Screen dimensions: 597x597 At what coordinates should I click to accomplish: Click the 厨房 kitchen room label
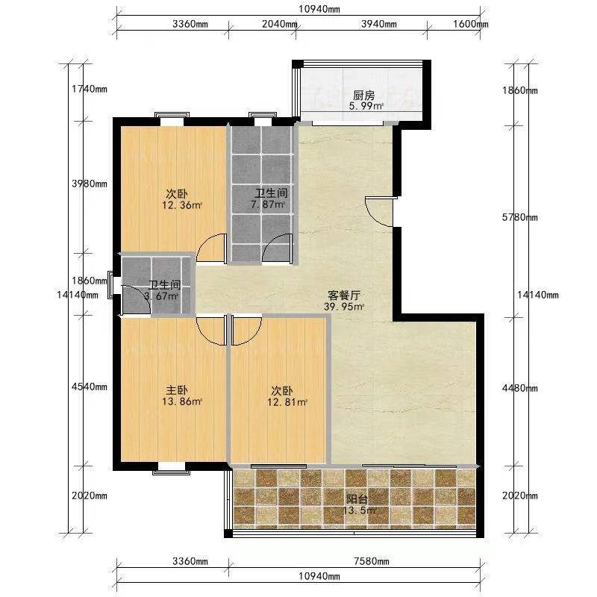pos(364,96)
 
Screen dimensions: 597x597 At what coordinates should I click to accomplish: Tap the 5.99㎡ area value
pos(366,106)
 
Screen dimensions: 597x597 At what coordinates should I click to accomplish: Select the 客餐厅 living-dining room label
pos(344,295)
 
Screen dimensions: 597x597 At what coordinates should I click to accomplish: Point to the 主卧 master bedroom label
pos(177,390)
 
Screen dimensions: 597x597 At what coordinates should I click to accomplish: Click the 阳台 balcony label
pos(357,498)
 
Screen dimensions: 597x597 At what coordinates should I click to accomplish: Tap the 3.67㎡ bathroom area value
pos(161,296)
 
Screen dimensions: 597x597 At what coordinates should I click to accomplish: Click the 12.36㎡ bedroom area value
pos(182,205)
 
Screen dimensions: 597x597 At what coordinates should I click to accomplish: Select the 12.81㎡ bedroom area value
pos(287,402)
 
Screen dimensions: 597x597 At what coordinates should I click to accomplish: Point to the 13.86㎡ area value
pos(182,401)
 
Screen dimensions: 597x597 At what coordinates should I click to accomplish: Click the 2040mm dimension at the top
pos(279,24)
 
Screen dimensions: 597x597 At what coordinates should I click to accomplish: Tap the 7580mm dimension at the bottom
pos(371,561)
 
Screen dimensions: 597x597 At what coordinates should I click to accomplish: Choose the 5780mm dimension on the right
pos(519,217)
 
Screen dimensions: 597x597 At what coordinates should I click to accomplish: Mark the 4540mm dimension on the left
pos(90,387)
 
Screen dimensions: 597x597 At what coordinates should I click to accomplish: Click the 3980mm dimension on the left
pos(90,184)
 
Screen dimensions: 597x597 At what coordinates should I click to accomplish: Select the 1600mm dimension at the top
pos(471,24)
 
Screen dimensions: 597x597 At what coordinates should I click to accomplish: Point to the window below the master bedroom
pos(172,469)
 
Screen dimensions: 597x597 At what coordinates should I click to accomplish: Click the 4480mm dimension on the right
pos(519,388)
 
